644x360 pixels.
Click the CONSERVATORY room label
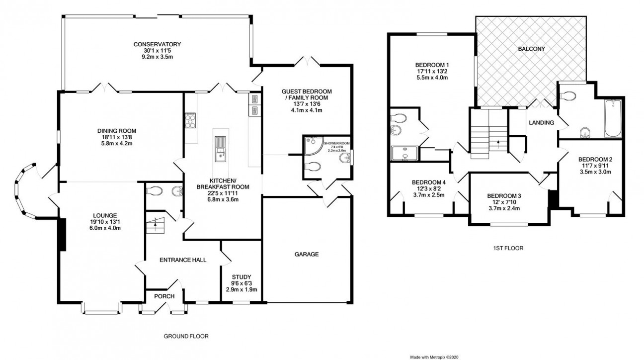tap(157, 44)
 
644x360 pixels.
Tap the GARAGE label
tap(307, 254)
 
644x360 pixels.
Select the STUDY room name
tap(241, 277)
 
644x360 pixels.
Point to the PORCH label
tap(164, 296)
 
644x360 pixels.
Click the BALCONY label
tap(531, 49)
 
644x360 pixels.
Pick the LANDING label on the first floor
tap(541, 123)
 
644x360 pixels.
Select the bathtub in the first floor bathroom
tap(613, 118)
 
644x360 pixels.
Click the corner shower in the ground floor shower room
tap(314, 146)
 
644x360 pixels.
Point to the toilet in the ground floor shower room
tap(313, 167)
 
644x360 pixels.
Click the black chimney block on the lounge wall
tap(63, 235)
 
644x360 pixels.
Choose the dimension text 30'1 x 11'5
tap(157, 51)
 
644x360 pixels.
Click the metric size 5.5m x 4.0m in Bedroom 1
tap(432, 78)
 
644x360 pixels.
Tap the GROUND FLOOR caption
tap(186, 336)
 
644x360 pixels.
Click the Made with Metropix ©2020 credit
tap(434, 357)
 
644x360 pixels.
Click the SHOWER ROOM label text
tap(337, 143)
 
